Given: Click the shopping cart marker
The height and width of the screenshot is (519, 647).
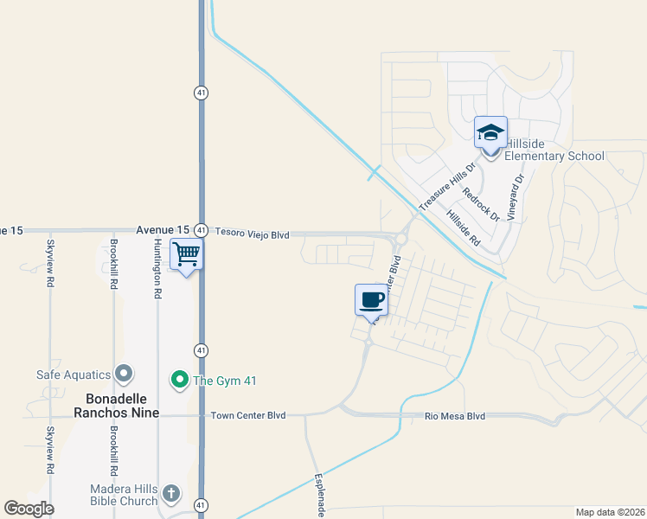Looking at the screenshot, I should (186, 256).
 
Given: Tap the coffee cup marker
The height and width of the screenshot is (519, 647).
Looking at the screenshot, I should (371, 300).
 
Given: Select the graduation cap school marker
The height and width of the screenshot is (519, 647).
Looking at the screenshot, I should (490, 132).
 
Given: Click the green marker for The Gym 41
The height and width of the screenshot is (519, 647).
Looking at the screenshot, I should (179, 380).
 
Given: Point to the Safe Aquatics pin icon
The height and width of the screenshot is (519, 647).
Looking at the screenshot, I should (125, 375).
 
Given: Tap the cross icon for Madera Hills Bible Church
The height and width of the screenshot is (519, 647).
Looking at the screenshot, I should (171, 494).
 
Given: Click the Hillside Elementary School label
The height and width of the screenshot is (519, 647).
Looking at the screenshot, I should (554, 150).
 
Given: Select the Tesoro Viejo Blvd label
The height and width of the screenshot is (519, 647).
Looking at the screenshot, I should (252, 234).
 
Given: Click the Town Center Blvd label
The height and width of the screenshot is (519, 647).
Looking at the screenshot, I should (248, 416).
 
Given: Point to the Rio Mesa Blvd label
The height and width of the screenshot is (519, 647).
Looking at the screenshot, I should (455, 417).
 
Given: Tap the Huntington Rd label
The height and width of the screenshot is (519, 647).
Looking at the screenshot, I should (157, 269).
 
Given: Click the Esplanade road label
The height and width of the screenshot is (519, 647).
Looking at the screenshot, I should (319, 496).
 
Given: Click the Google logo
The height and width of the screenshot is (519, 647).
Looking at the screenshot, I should (29, 509).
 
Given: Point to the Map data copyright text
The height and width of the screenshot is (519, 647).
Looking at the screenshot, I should (610, 512).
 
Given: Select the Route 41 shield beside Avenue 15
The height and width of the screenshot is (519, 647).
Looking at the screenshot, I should (200, 230).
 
